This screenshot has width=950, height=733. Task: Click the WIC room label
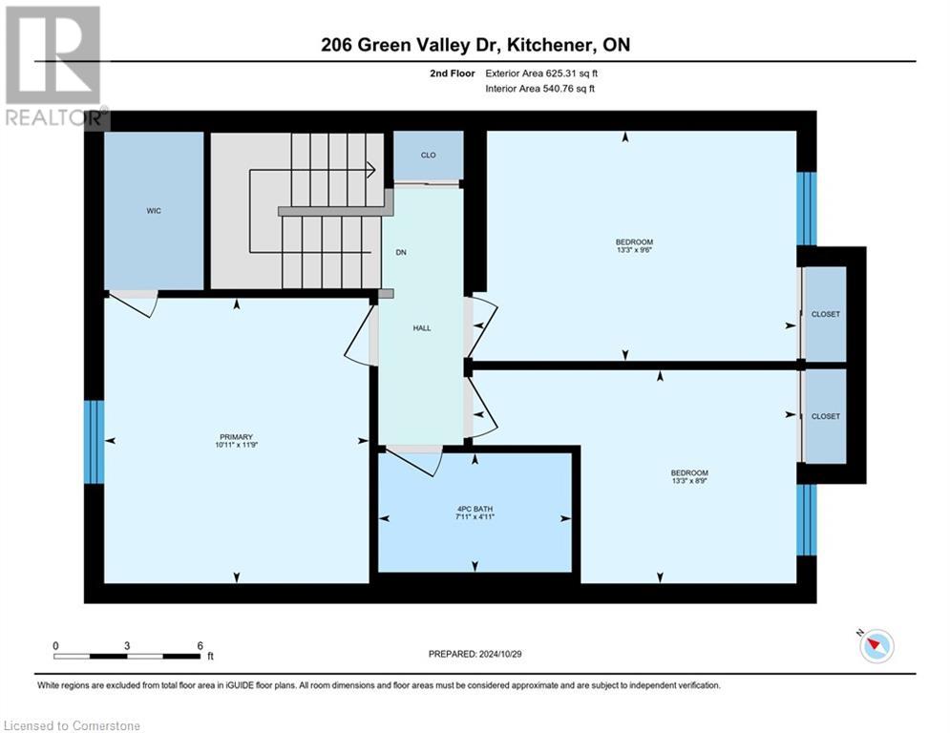[x=154, y=211]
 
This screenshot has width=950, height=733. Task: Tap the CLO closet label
[x=429, y=155]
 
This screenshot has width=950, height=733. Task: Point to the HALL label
[x=422, y=328]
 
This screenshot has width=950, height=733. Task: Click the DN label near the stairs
[x=402, y=253]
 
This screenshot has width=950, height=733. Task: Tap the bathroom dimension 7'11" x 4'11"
[x=474, y=516]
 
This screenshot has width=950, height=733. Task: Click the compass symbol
[x=876, y=646]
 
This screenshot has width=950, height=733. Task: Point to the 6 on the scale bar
[x=200, y=645]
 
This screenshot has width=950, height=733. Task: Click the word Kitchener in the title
[x=538, y=45]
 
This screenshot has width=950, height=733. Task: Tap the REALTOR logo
[x=53, y=67]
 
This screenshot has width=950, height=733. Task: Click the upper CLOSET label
[x=825, y=314]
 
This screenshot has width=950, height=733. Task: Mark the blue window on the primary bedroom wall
[x=94, y=441]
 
